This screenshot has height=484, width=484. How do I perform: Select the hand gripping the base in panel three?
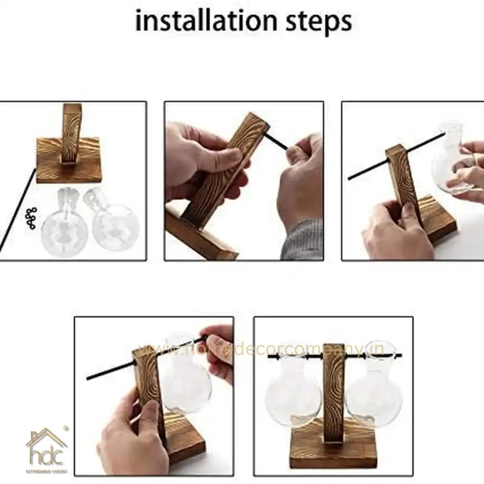pyautogui.click(x=394, y=233)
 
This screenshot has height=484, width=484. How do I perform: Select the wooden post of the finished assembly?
pyautogui.click(x=334, y=385)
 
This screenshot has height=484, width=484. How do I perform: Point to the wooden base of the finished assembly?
pyautogui.click(x=334, y=446)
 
